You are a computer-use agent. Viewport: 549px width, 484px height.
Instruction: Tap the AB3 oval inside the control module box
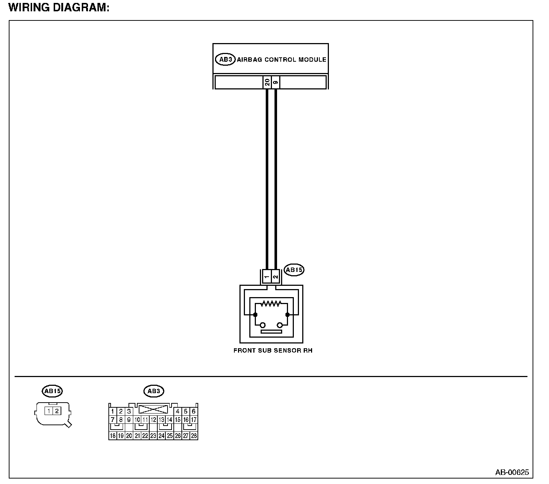point(225,59)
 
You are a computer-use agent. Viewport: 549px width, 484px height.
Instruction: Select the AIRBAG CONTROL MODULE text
point(281,59)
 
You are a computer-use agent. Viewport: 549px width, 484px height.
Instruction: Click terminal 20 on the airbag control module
point(267,82)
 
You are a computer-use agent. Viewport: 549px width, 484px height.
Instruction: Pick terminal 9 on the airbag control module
point(276,82)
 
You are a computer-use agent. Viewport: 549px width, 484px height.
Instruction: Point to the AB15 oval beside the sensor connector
point(294,270)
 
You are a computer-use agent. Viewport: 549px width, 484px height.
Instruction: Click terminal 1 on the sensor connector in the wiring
point(267,277)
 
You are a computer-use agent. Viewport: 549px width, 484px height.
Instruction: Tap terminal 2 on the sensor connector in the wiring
point(276,277)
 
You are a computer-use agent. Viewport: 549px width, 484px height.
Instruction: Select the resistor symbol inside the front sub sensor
point(271,303)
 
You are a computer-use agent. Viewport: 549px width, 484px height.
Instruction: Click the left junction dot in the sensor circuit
point(255,315)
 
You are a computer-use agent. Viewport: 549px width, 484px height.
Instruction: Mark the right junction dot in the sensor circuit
point(287,315)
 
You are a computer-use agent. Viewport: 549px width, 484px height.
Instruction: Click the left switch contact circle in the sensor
point(262,325)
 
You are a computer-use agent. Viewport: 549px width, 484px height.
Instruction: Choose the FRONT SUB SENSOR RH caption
point(273,351)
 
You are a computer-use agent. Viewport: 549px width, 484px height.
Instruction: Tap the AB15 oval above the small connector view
point(53,391)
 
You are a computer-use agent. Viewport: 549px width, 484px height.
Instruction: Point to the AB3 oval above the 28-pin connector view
point(154,391)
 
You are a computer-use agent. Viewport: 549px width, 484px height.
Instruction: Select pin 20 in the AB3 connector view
point(129,436)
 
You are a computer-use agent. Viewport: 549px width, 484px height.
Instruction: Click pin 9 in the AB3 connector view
point(129,420)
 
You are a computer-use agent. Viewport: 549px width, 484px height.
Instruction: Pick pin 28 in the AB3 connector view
point(194,436)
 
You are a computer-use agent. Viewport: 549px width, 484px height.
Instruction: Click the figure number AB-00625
point(512,472)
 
